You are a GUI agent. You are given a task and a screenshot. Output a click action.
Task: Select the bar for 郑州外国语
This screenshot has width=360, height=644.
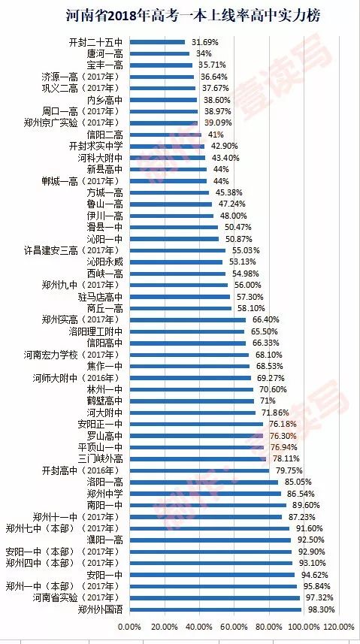pos(216,609)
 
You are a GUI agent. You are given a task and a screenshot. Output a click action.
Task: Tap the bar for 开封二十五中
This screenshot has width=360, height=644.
pos(157,42)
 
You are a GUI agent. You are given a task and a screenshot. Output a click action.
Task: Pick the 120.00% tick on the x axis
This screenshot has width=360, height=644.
pos(338,626)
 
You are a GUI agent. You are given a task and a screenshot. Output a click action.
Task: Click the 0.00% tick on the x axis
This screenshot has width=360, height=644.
pos(130,626)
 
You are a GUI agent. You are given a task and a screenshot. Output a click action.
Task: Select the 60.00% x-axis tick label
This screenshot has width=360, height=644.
pos(234,626)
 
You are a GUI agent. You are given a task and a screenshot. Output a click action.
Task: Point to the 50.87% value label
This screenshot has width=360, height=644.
pos(237,238)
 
